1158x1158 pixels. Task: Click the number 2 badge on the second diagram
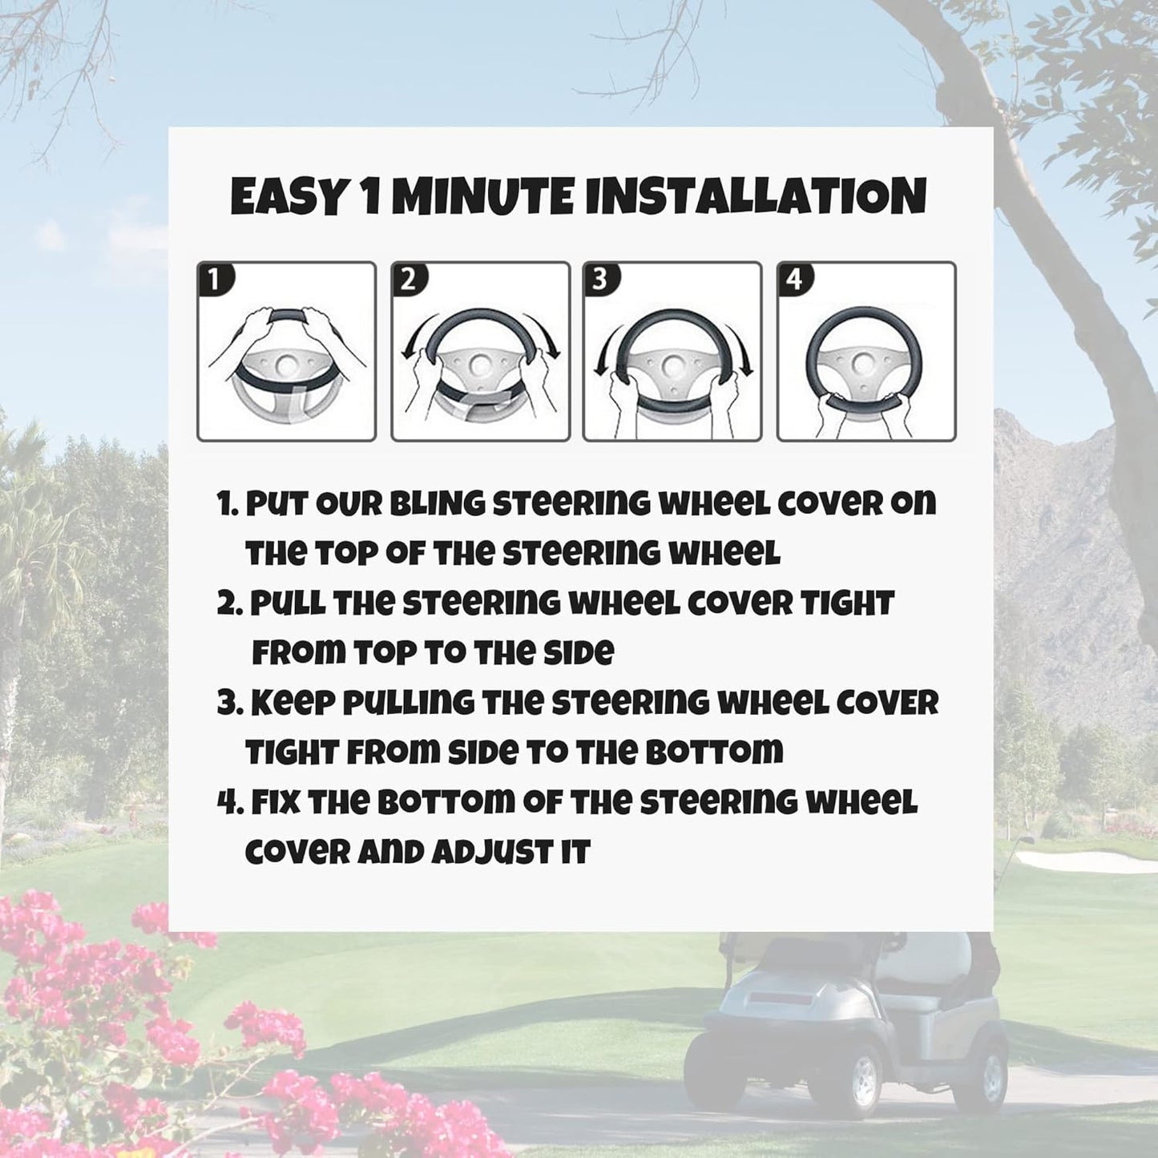pos(409,280)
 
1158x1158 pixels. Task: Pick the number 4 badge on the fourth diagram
pos(794,280)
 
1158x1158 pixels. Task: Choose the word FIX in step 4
pos(276,802)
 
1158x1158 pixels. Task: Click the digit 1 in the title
pos(370,196)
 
